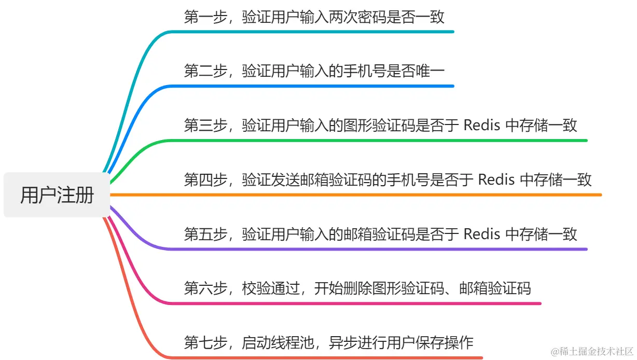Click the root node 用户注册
(57, 195)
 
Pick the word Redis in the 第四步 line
(496, 179)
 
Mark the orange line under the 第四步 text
(363, 195)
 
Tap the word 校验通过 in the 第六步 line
(271, 288)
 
